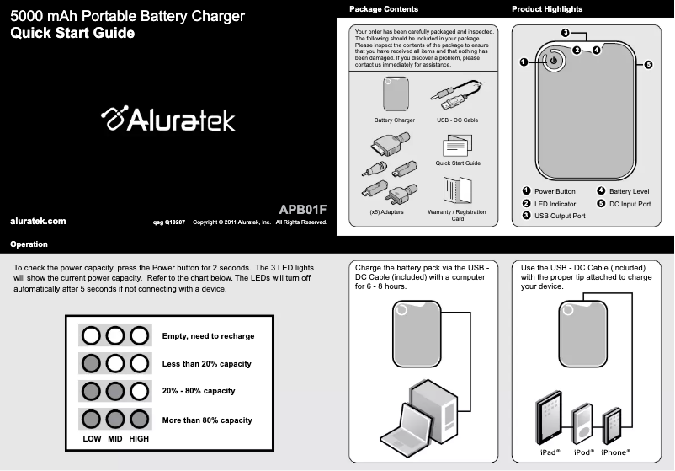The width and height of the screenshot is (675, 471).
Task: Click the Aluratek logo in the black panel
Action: tap(167, 120)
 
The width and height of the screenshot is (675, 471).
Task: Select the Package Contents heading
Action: tap(383, 9)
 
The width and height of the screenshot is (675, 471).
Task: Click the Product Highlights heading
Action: tap(547, 9)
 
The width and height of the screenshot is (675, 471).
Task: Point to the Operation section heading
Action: tap(29, 244)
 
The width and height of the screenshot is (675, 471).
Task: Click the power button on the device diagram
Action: tap(554, 62)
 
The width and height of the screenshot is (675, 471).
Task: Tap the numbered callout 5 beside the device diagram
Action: tap(649, 65)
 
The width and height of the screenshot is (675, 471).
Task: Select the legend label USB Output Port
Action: tap(560, 217)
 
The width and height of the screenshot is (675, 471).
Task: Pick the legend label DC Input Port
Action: tap(630, 204)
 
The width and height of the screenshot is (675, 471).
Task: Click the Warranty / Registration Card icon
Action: tap(457, 190)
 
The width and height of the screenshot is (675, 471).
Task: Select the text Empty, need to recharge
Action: tap(208, 336)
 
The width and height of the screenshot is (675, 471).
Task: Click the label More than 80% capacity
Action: tap(206, 420)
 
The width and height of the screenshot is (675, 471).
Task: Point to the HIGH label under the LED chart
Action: tap(139, 439)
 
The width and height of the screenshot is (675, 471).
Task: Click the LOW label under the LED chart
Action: tap(92, 439)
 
